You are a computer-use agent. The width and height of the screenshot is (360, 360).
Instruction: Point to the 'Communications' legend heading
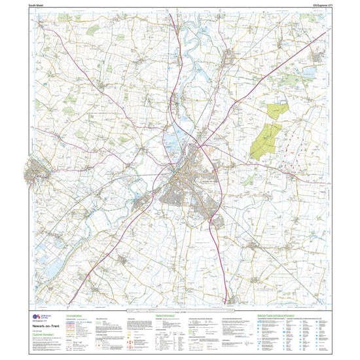[x=77, y=315]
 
